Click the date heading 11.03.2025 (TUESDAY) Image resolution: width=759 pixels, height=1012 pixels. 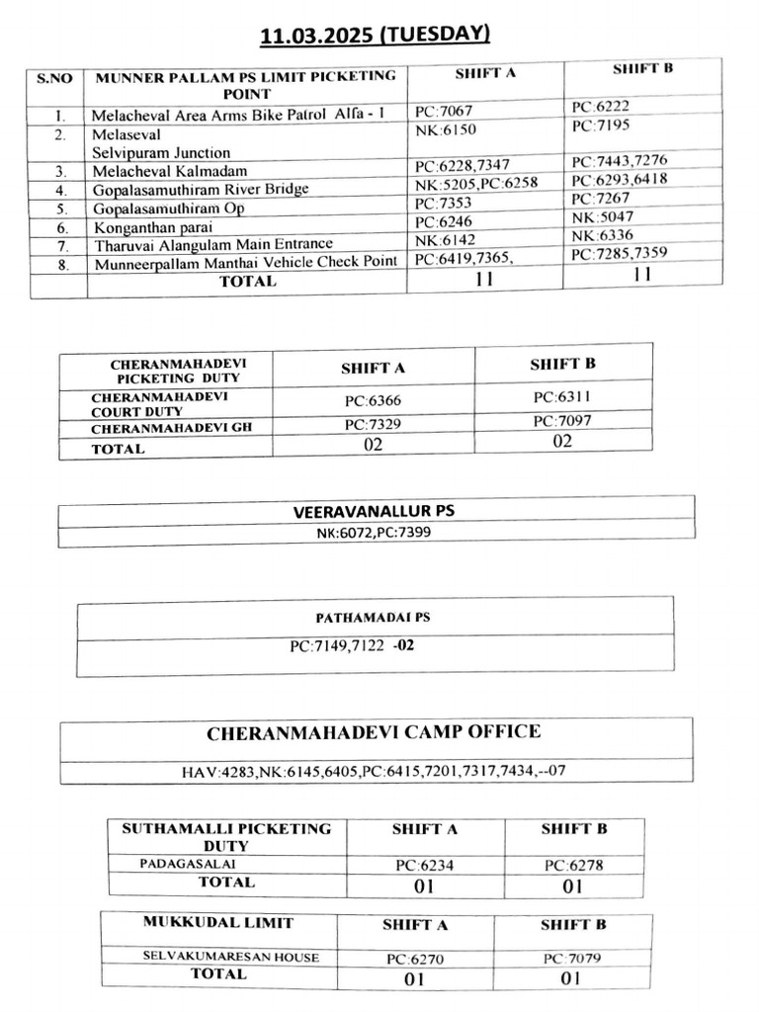pos(375,36)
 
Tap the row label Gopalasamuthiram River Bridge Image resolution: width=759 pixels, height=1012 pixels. pos(201,190)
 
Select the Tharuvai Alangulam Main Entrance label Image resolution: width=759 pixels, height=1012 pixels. pos(213,245)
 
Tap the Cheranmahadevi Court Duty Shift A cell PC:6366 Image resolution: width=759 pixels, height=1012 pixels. pos(373,401)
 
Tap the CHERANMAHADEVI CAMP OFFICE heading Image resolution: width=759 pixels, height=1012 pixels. pos(374,732)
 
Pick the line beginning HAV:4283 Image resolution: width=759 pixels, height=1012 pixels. pos(373,771)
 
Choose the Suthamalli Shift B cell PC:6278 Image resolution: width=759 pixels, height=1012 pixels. pos(573,865)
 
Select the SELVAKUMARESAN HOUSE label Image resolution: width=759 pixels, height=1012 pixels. pos(230,957)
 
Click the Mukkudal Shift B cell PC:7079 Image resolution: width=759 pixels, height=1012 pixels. pos(572,958)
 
